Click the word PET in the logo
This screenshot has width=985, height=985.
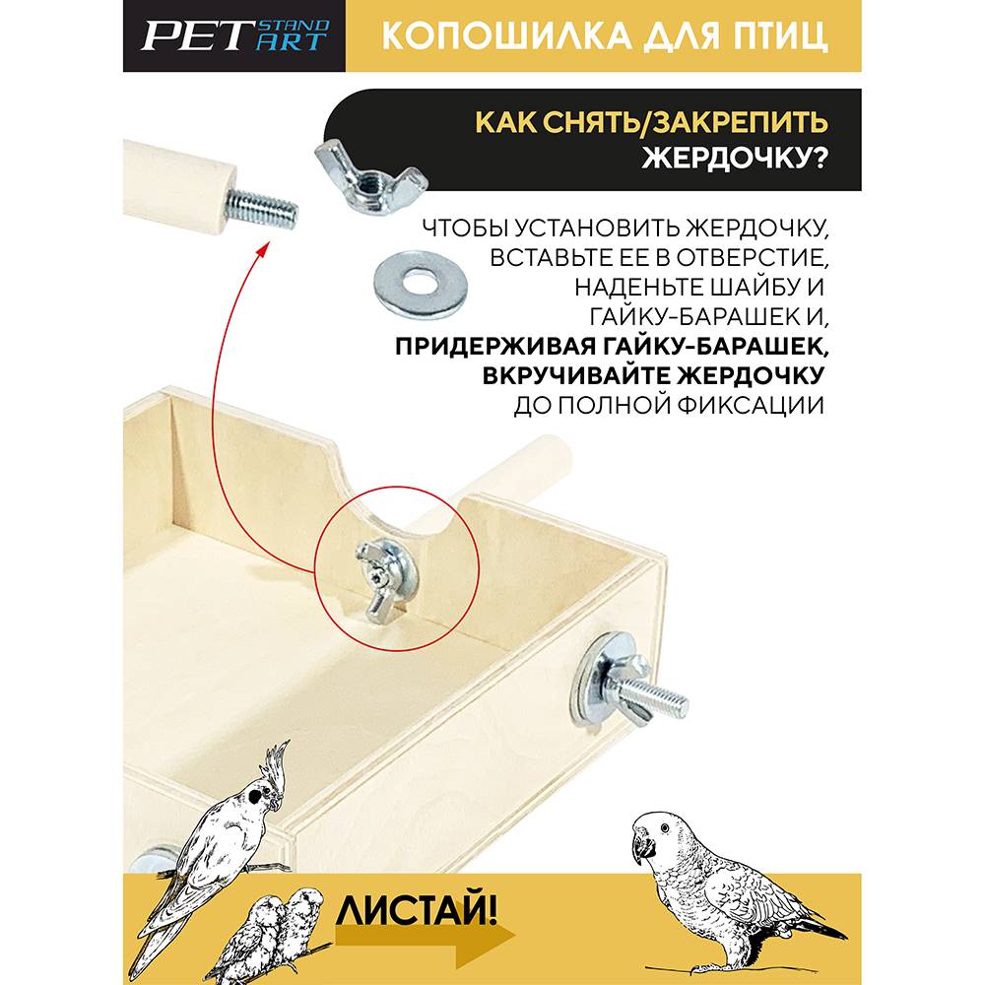(194, 35)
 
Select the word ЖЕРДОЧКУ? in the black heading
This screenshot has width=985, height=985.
(735, 158)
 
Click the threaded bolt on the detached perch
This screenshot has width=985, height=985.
(262, 208)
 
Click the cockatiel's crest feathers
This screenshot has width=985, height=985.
(277, 764)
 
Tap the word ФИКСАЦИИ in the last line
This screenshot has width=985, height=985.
(750, 406)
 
